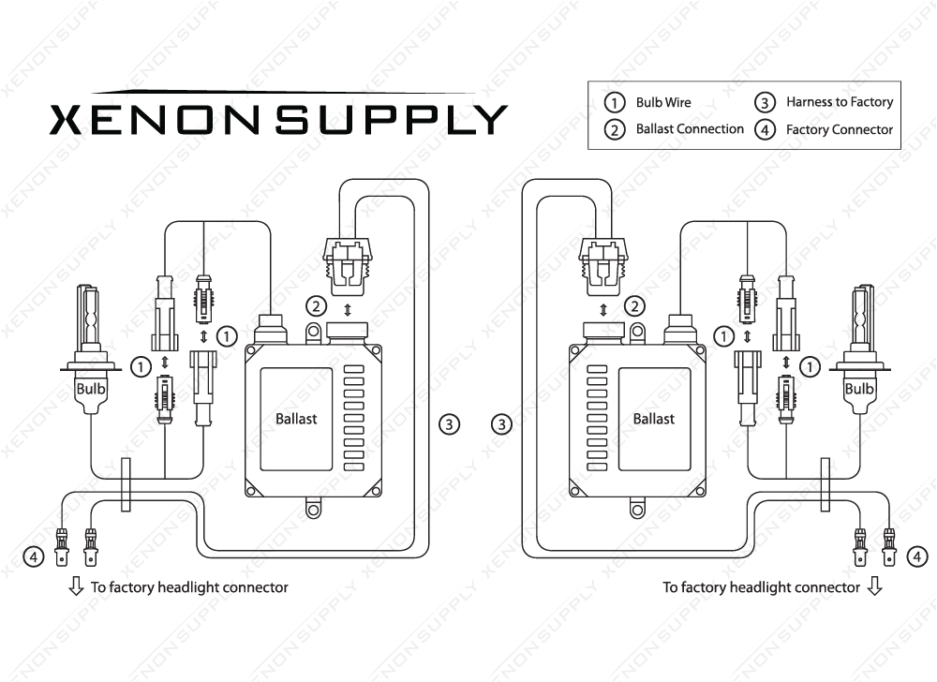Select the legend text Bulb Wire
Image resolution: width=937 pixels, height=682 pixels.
[663, 102]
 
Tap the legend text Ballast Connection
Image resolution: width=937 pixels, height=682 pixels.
[690, 129]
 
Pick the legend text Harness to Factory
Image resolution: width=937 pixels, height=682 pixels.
[840, 102]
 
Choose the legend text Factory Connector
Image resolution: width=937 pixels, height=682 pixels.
[840, 130]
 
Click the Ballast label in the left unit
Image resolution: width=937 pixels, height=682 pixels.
[296, 419]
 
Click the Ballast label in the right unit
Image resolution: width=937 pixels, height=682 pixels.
[653, 419]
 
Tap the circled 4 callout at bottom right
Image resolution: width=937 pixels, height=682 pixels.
[916, 557]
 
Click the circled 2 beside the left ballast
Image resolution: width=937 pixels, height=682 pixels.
[318, 305]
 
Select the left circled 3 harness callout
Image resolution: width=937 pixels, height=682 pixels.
[450, 424]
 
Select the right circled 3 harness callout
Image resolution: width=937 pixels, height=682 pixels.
[502, 424]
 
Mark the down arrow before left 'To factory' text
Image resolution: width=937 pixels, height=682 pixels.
[76, 587]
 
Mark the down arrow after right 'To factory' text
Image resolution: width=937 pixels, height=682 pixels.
[874, 587]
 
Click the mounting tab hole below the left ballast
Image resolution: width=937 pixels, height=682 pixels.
[314, 510]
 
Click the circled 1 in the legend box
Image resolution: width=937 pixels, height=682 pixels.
[615, 102]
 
